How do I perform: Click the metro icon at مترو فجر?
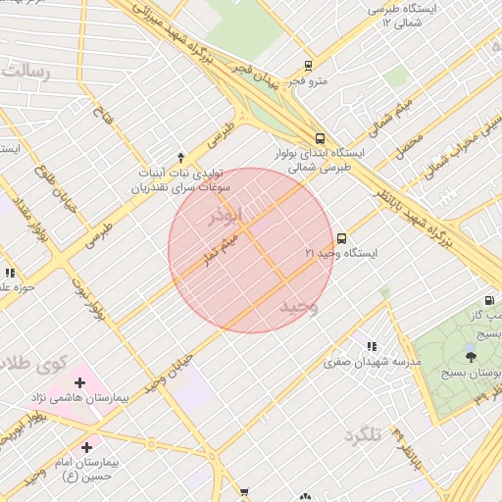click(x=308, y=67)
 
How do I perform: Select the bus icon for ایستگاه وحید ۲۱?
click(x=341, y=238)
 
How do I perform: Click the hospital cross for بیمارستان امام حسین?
click(x=87, y=447)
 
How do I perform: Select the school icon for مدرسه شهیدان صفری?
click(x=371, y=346)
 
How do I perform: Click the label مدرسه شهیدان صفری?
click(x=374, y=362)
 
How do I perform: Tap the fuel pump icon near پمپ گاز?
click(x=488, y=300)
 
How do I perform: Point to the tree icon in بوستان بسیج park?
click(x=471, y=357)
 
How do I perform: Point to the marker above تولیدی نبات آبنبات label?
click(x=180, y=157)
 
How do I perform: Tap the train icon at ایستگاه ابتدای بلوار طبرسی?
click(x=321, y=139)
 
